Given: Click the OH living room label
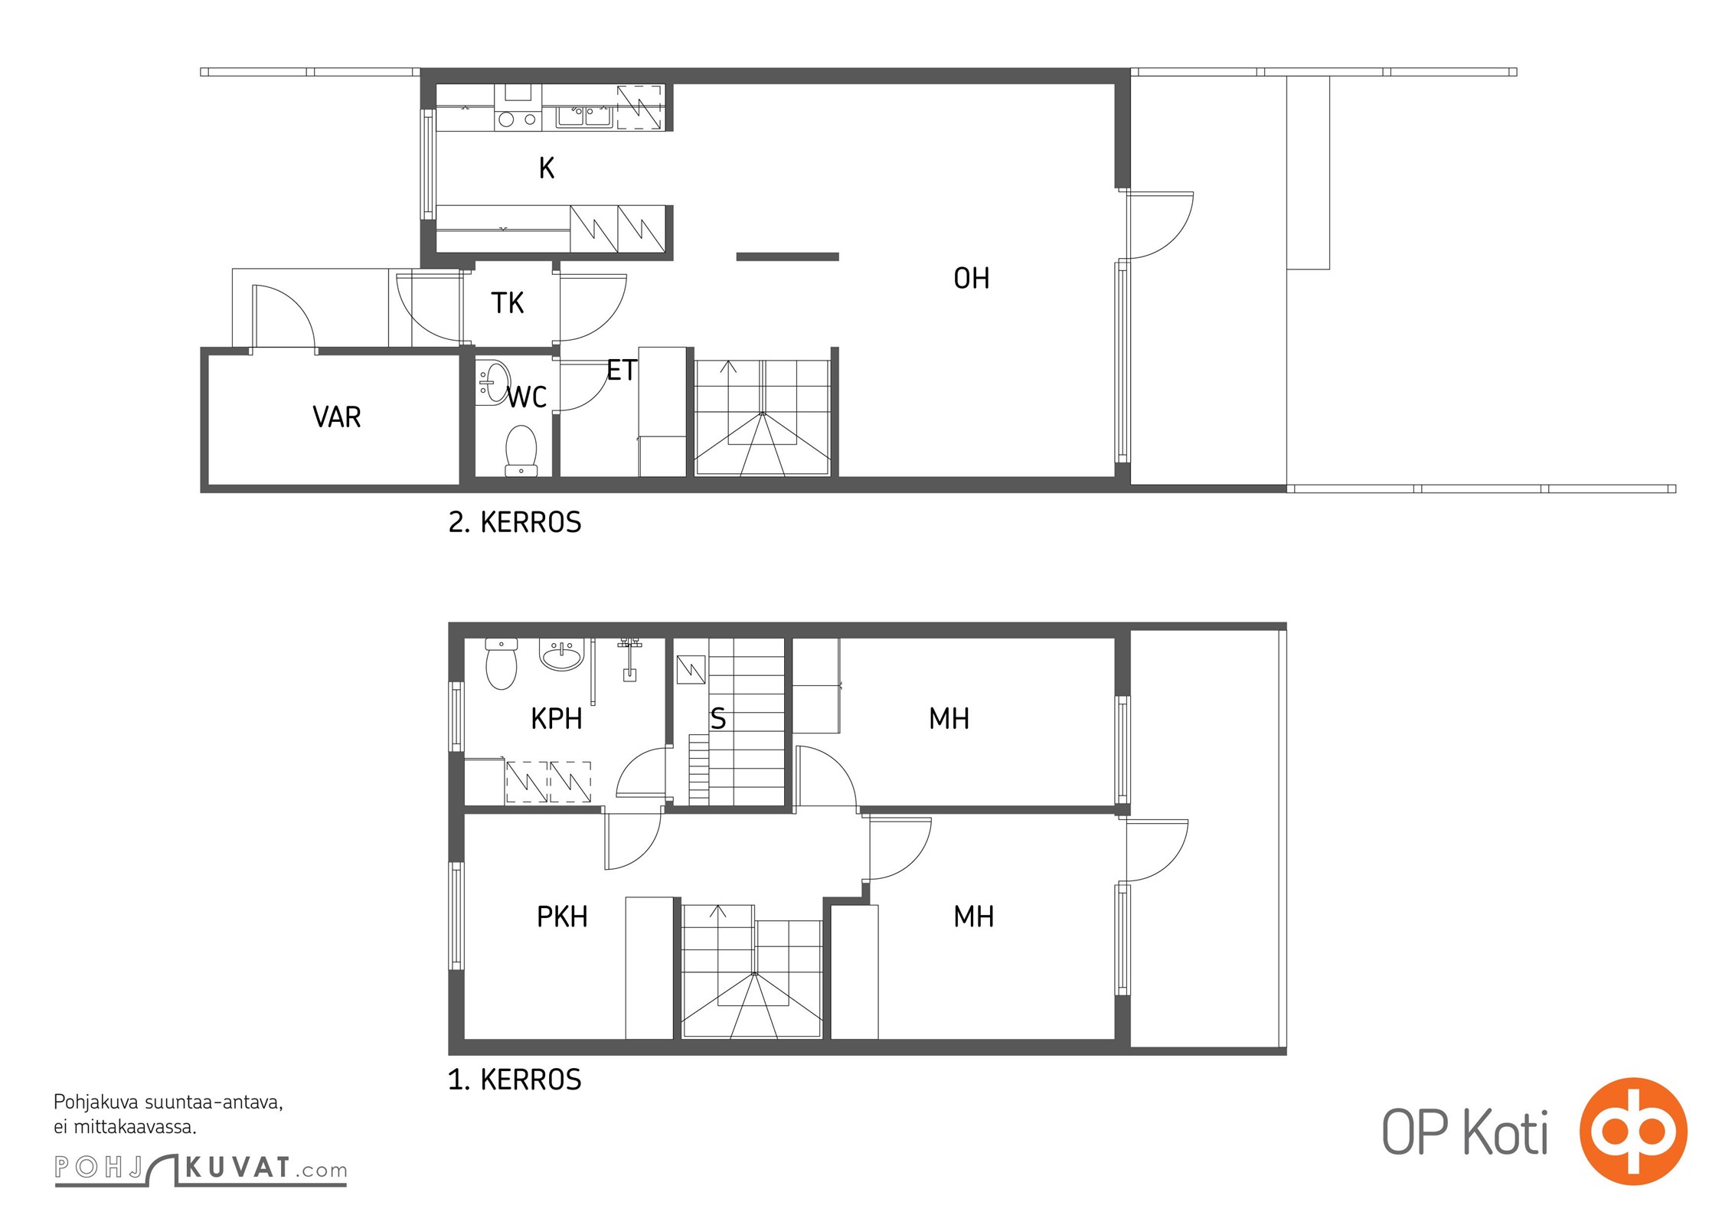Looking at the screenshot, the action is [971, 278].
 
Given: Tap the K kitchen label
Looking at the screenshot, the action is [546, 168].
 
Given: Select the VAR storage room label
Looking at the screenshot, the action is [337, 416].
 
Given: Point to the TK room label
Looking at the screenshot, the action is [507, 303].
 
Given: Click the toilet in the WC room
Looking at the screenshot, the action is [521, 450].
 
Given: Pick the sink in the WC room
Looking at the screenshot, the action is [493, 382].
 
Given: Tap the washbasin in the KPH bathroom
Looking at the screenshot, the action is [562, 655].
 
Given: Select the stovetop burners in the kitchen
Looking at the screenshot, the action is [517, 119].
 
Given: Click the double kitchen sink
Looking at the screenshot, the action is [584, 116].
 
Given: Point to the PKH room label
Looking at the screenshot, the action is [562, 916].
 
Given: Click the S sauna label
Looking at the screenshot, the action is [717, 719].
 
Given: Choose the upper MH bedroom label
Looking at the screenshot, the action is [949, 719].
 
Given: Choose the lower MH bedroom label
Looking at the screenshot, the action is [973, 916].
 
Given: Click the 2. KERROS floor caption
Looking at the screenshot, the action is [515, 522].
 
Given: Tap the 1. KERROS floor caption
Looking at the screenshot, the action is [515, 1080].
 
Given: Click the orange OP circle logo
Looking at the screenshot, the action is [1633, 1131].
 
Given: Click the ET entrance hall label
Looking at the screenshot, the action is [621, 371].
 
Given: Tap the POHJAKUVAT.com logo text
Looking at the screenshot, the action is [201, 1169].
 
